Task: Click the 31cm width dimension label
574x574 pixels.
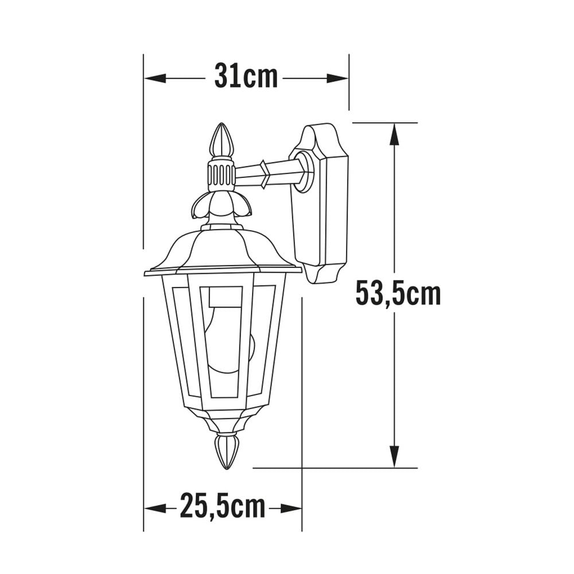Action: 246,77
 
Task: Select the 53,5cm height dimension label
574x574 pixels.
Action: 398,293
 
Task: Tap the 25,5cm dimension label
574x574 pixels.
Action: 223,507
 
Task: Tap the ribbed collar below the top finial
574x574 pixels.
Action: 221,175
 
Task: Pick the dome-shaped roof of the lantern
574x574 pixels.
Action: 221,250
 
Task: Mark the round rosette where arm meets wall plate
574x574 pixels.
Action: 304,170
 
